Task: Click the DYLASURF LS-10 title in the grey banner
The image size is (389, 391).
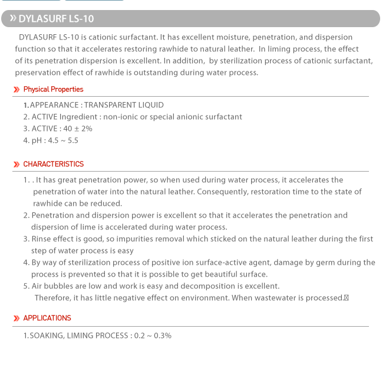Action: pyautogui.click(x=56, y=19)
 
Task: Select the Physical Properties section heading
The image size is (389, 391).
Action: pyautogui.click(x=53, y=90)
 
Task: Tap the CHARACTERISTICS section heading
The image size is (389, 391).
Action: pyautogui.click(x=54, y=164)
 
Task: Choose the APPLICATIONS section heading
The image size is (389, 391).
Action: pyautogui.click(x=47, y=318)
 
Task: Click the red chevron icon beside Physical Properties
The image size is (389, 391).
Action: pyautogui.click(x=17, y=90)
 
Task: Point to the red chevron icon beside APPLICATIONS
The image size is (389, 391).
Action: pyautogui.click(x=17, y=318)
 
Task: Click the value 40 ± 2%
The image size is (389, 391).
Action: pyautogui.click(x=78, y=129)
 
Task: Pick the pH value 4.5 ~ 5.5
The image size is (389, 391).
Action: pyautogui.click(x=63, y=140)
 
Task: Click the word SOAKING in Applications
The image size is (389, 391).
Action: pyautogui.click(x=47, y=336)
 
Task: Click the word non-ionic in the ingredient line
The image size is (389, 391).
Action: pyautogui.click(x=120, y=117)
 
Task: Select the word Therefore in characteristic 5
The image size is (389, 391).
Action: pyautogui.click(x=52, y=298)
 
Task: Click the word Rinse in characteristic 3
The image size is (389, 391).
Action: pyautogui.click(x=41, y=239)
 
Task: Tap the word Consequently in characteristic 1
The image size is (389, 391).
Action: pyautogui.click(x=222, y=192)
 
